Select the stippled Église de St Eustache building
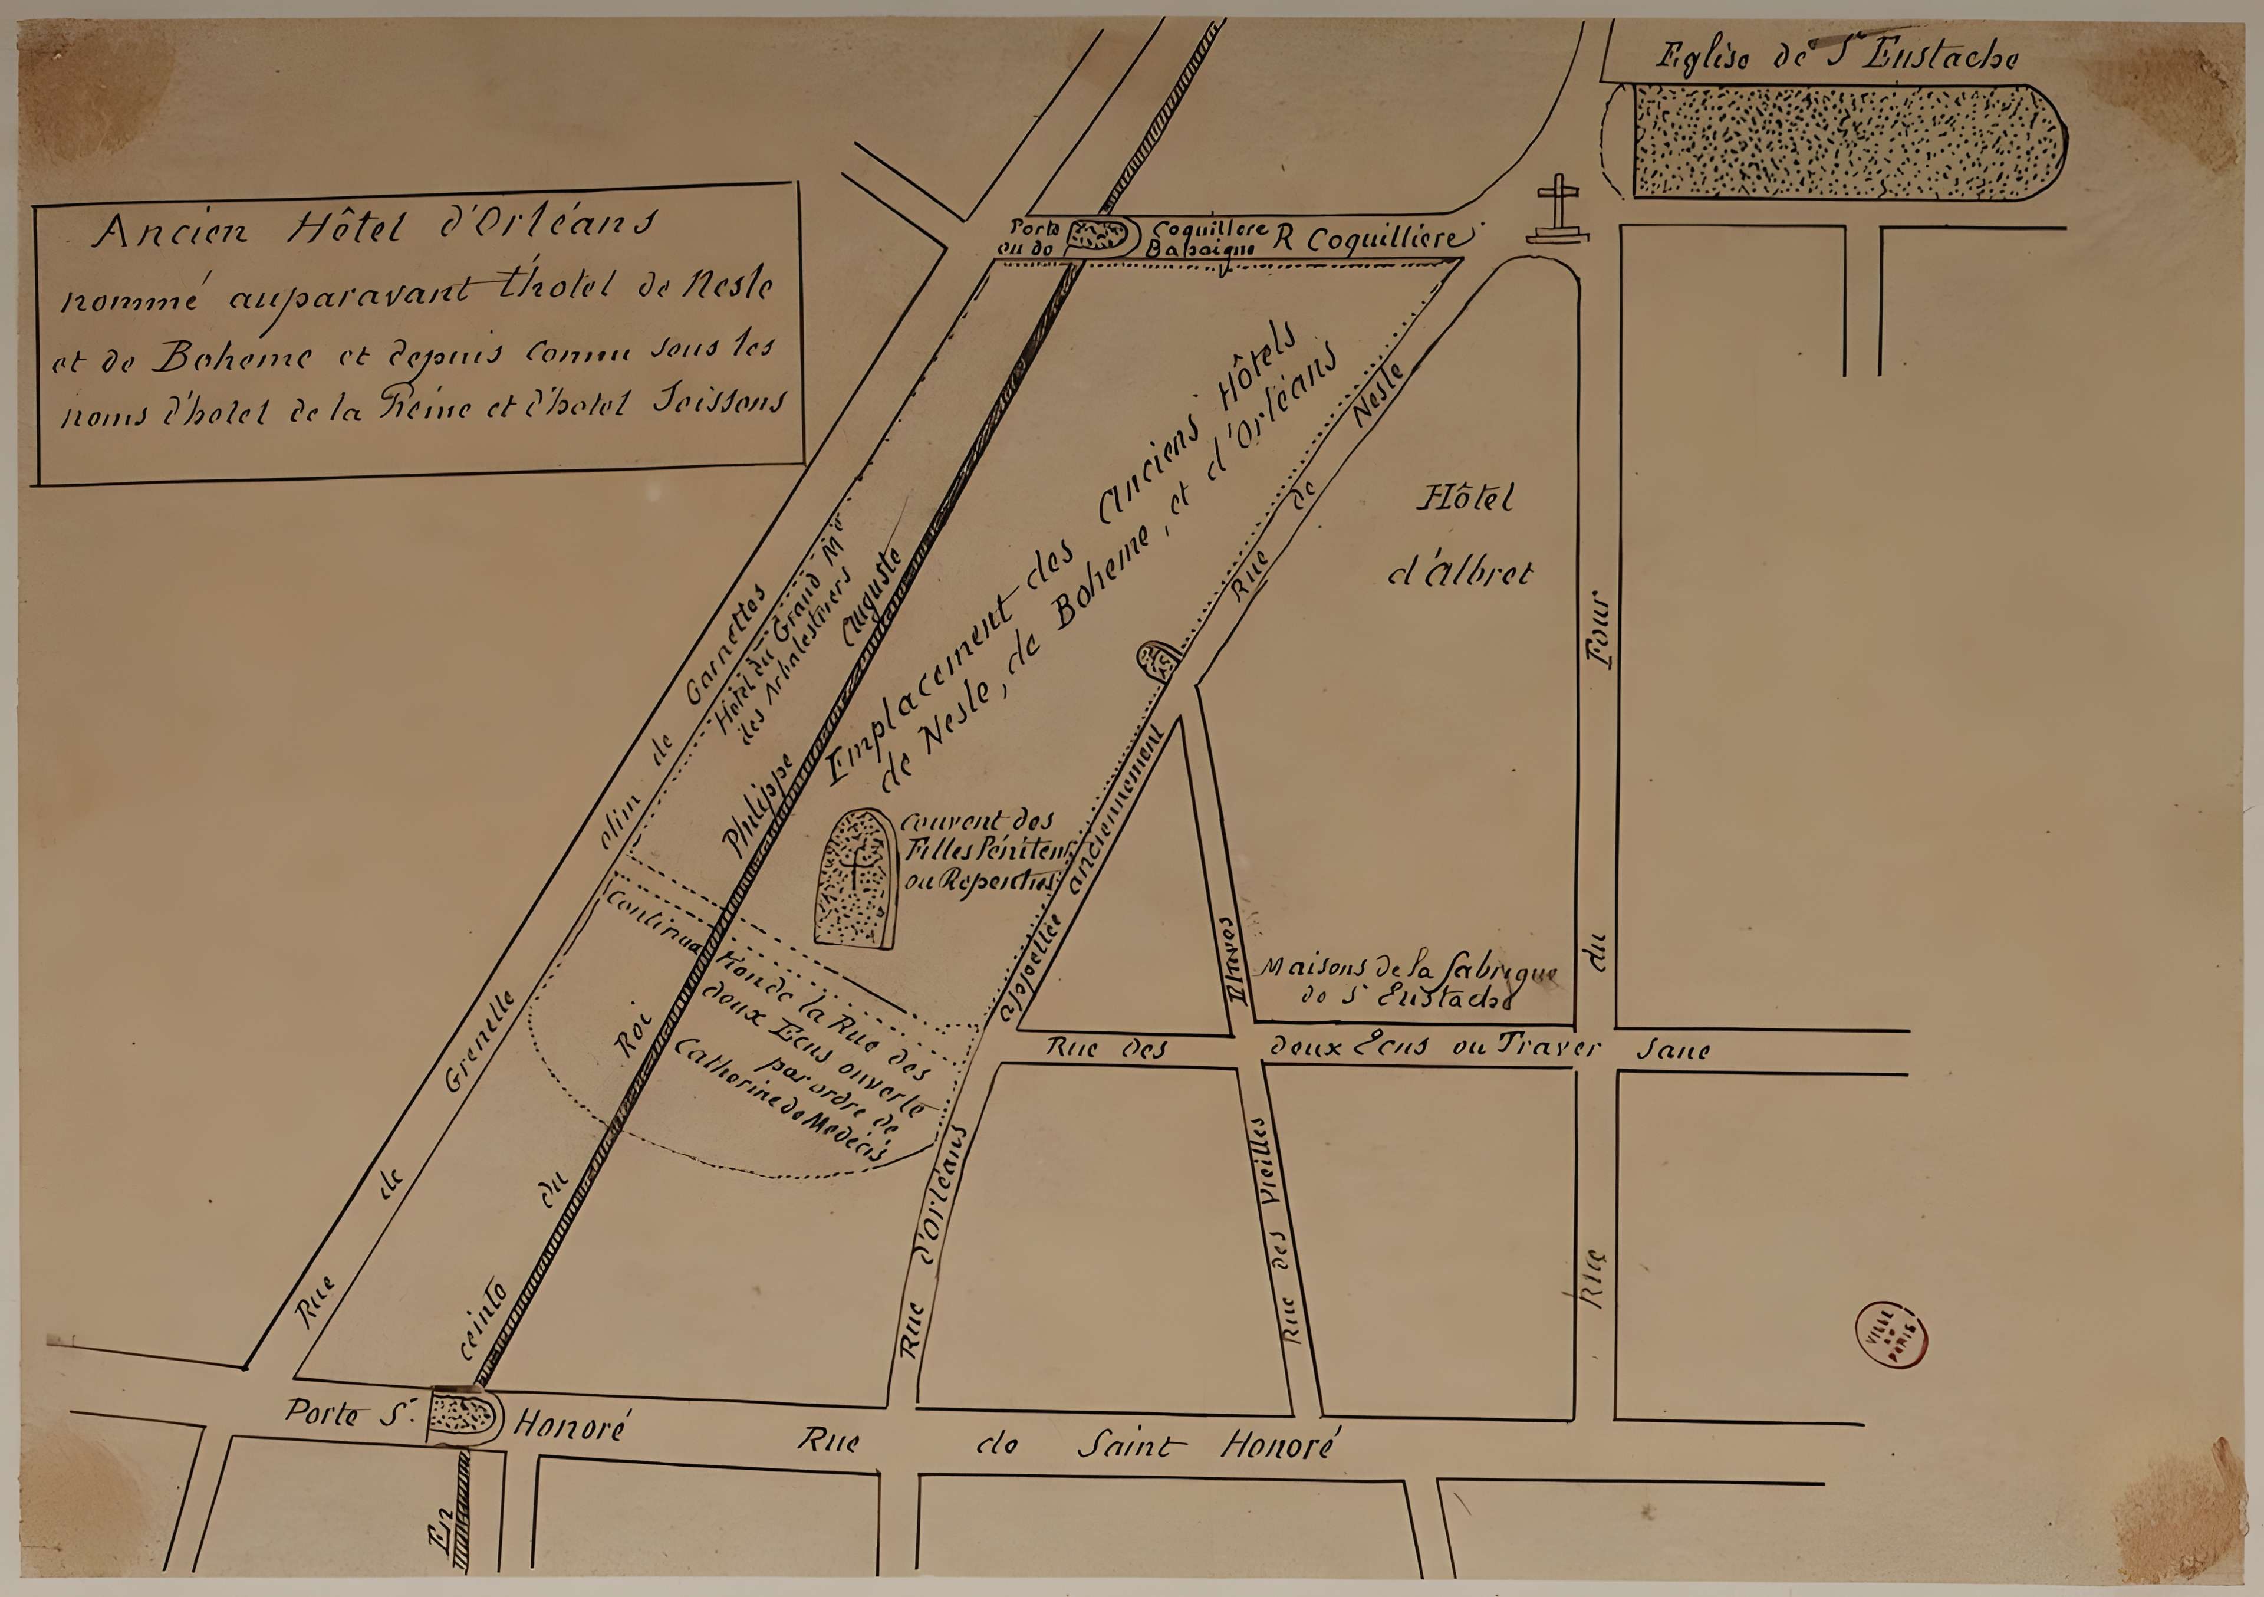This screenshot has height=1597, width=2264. click(x=1844, y=141)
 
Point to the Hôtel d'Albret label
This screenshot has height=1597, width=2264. click(x=1462, y=538)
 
